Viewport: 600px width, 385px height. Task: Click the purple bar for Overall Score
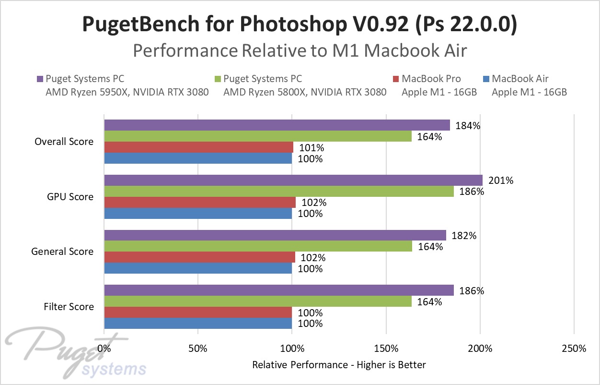point(277,125)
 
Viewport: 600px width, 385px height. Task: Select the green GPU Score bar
point(279,192)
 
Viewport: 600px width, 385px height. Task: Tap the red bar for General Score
point(199,257)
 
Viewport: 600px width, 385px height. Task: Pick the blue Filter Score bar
point(198,324)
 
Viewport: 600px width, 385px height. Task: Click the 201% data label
point(501,181)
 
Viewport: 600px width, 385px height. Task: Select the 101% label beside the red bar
point(311,147)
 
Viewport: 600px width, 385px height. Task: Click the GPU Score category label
point(71,197)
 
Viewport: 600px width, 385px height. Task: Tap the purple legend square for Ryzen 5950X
point(40,79)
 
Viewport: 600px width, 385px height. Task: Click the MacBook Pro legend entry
point(431,79)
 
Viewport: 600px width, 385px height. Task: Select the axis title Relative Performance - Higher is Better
point(339,365)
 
